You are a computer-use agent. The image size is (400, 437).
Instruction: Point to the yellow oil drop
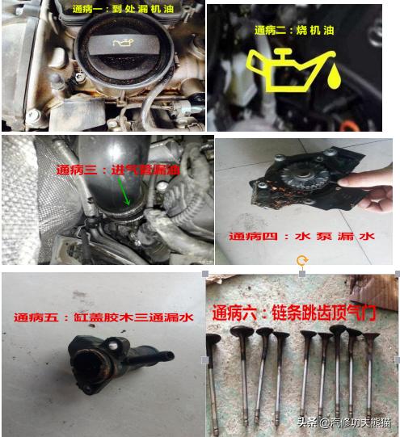click(333, 80)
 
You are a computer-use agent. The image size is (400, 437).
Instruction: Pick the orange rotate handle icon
click(302, 260)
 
